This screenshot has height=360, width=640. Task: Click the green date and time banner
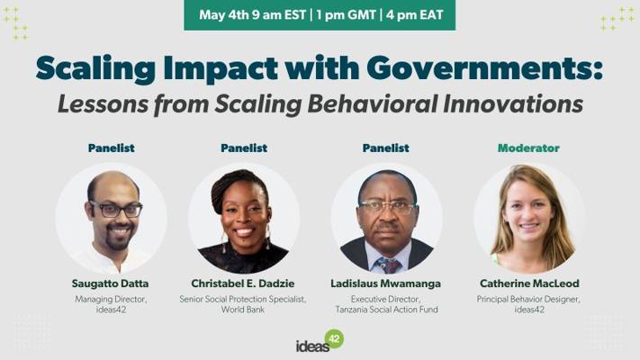320,15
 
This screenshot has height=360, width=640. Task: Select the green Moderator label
528,148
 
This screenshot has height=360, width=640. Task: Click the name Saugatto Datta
110,283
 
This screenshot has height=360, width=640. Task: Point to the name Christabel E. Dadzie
243,283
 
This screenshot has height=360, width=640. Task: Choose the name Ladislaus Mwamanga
386,283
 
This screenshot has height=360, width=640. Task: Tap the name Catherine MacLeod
529,283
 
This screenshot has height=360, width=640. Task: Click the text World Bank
243,310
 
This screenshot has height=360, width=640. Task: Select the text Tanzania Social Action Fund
386,310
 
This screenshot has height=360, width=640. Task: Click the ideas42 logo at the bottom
320,341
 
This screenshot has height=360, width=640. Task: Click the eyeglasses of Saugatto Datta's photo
116,210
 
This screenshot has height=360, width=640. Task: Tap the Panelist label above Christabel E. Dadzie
244,148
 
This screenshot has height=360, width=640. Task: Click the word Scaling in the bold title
96,68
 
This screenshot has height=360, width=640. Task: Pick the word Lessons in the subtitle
104,103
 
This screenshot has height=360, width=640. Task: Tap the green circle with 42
334,338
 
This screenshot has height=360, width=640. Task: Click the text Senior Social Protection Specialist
243,299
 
